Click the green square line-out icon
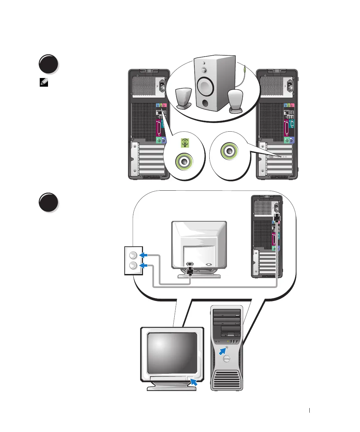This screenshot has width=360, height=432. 185,143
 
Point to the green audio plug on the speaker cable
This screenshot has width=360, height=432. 245,70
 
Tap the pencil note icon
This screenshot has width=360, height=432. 44,82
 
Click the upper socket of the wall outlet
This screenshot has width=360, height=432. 133,255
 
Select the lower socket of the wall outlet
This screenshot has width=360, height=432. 133,266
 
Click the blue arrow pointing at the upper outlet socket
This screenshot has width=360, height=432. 144,255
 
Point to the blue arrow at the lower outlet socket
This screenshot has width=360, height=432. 144,266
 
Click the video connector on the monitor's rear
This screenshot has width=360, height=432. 209,264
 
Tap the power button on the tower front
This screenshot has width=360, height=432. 227,347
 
